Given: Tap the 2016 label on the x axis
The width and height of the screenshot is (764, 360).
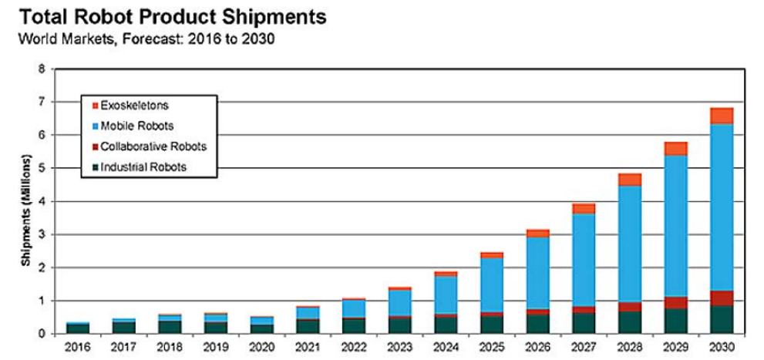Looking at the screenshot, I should [77, 346].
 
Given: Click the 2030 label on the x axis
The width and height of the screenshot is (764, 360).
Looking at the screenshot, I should [721, 346].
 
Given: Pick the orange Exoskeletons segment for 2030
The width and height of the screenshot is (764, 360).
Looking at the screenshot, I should [721, 116].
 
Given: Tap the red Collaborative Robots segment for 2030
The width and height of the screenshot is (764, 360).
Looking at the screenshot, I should [721, 298].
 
